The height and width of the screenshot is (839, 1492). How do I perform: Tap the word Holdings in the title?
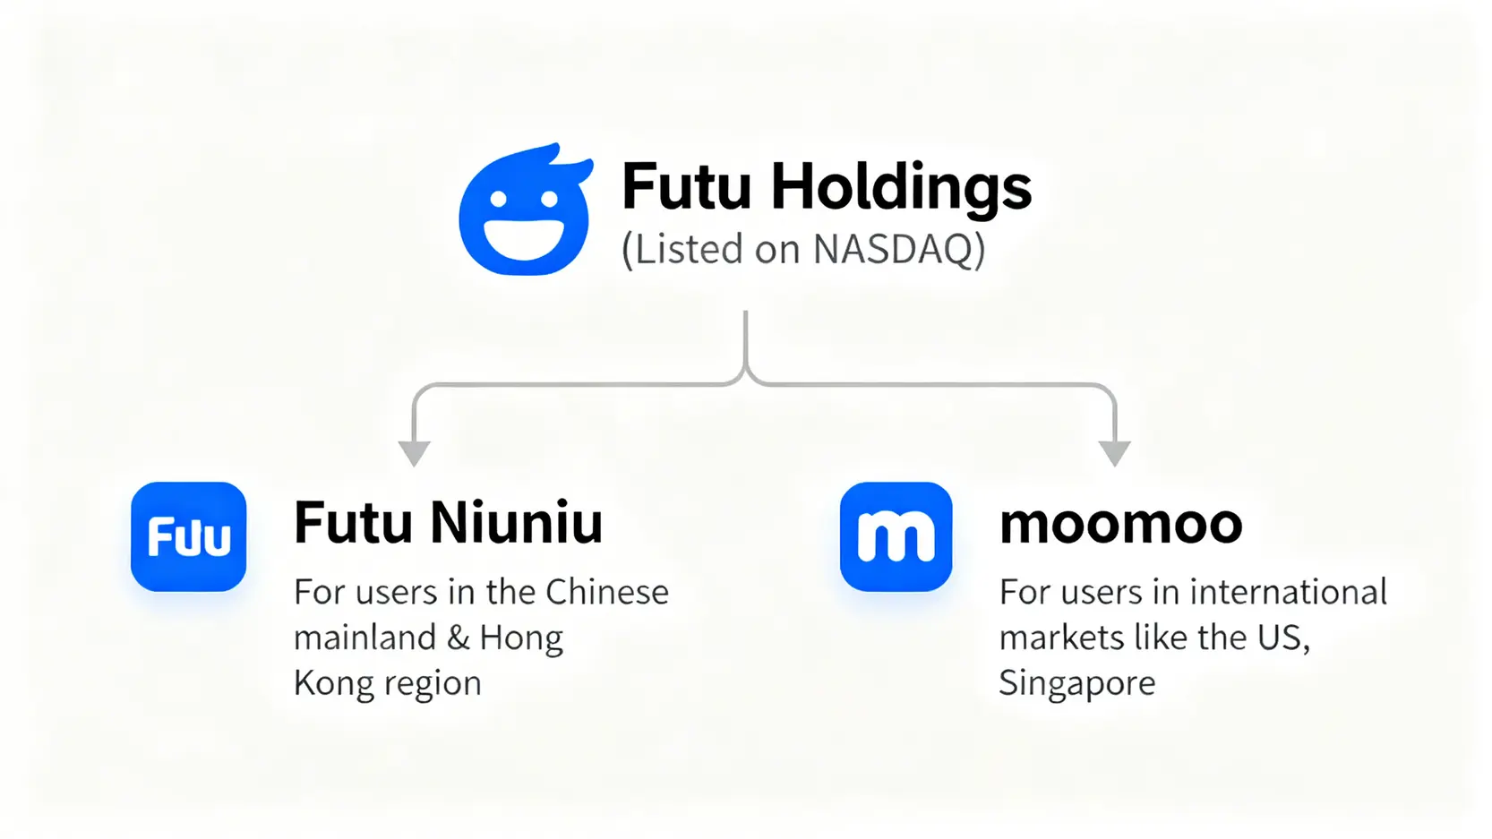pyautogui.click(x=901, y=188)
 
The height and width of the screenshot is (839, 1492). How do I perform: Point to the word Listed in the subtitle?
pyautogui.click(x=689, y=249)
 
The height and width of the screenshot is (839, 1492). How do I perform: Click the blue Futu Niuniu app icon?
pyautogui.click(x=189, y=536)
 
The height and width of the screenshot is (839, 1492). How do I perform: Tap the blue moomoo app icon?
pyautogui.click(x=896, y=536)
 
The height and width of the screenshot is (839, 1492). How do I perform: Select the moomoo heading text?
pyautogui.click(x=1120, y=524)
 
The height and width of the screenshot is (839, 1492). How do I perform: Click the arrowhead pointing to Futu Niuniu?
pyautogui.click(x=414, y=453)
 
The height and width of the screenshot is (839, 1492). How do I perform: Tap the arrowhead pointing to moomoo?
pyautogui.click(x=1114, y=453)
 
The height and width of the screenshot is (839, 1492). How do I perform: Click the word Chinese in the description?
pyautogui.click(x=606, y=592)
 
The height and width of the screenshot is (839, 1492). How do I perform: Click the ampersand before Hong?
pyautogui.click(x=458, y=638)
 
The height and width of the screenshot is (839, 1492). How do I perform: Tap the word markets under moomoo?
pyautogui.click(x=1061, y=638)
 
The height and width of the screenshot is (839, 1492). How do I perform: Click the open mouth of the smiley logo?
pyautogui.click(x=524, y=238)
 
